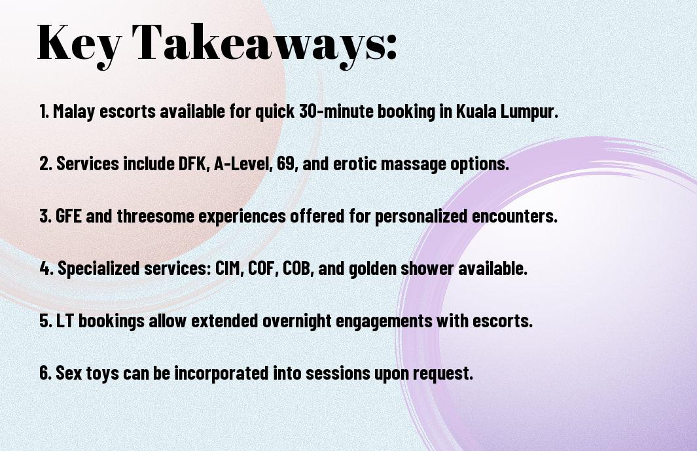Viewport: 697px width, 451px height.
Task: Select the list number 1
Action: [x=44, y=111]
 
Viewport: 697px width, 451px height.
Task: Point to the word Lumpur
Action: [x=529, y=112]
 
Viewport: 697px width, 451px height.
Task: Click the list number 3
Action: [x=46, y=216]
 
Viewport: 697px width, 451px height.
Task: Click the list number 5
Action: [x=46, y=321]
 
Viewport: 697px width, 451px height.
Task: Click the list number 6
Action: [x=46, y=373]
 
